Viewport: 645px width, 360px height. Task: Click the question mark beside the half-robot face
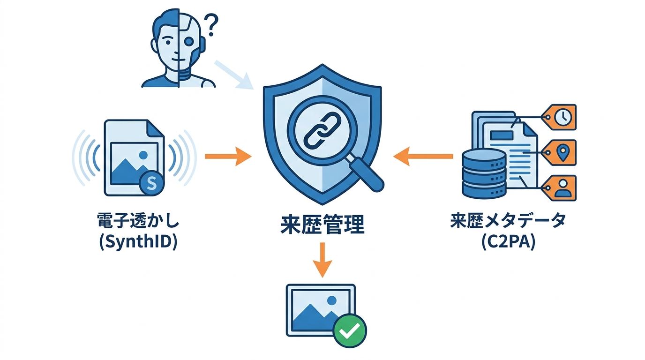pos(211,24)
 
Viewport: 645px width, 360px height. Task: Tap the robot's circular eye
pos(189,42)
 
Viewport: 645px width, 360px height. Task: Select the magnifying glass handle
pos(367,175)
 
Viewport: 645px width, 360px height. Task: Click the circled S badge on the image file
pos(151,183)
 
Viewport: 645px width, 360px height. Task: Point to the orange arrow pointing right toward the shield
pos(228,157)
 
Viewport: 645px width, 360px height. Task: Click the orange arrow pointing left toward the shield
pos(423,157)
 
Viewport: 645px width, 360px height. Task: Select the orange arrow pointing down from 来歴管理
pos(322,260)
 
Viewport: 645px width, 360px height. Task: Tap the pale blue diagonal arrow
pos(234,75)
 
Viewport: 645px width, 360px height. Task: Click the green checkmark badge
pos(350,330)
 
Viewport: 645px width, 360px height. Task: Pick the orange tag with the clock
pos(560,117)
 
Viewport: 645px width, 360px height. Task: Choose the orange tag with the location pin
pos(560,153)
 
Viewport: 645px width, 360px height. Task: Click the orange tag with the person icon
pos(560,188)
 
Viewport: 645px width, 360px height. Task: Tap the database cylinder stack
pos(484,173)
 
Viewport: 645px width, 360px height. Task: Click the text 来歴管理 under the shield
pos(322,224)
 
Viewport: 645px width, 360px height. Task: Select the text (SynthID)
pos(138,242)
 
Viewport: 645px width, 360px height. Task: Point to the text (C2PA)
pos(508,242)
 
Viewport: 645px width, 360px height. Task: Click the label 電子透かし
pos(138,221)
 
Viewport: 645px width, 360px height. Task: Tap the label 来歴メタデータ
pos(508,221)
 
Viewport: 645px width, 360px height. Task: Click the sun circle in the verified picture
pos(332,300)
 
